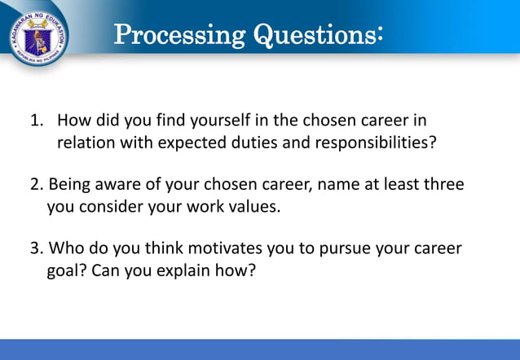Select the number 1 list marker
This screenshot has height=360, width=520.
[x=36, y=121]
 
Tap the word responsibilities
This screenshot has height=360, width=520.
[x=382, y=143]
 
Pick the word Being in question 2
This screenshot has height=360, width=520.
[x=72, y=185]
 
